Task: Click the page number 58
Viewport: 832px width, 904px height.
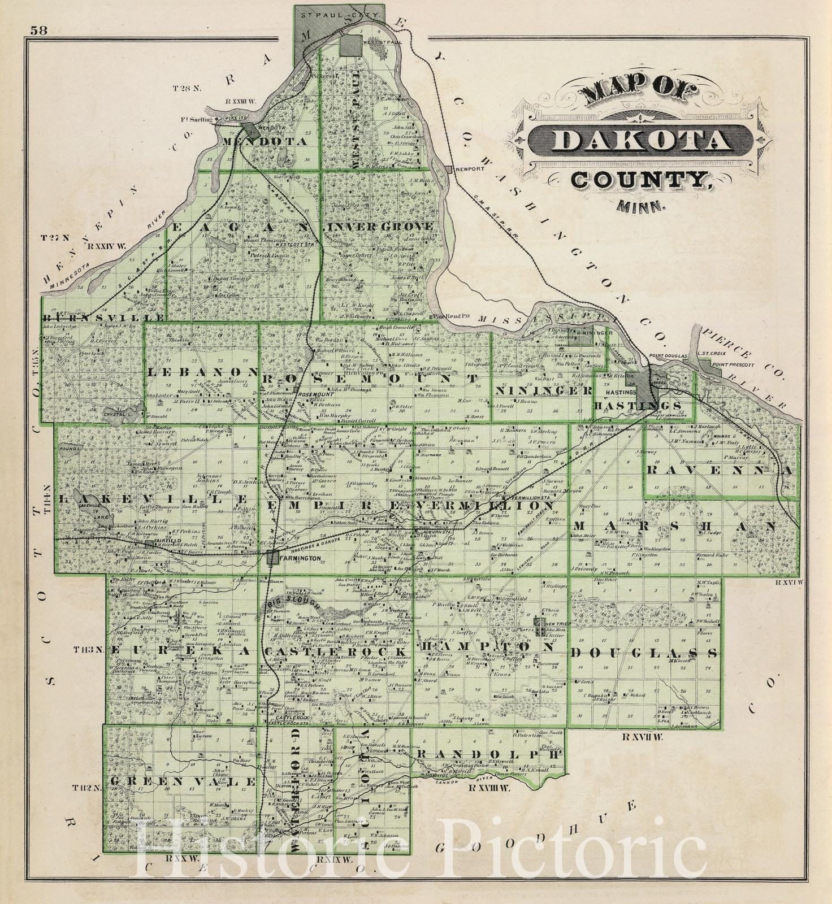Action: (x=40, y=31)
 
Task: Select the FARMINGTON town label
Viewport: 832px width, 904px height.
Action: (x=300, y=558)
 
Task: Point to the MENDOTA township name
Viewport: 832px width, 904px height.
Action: (x=266, y=141)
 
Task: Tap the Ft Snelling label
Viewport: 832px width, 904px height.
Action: (x=196, y=120)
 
